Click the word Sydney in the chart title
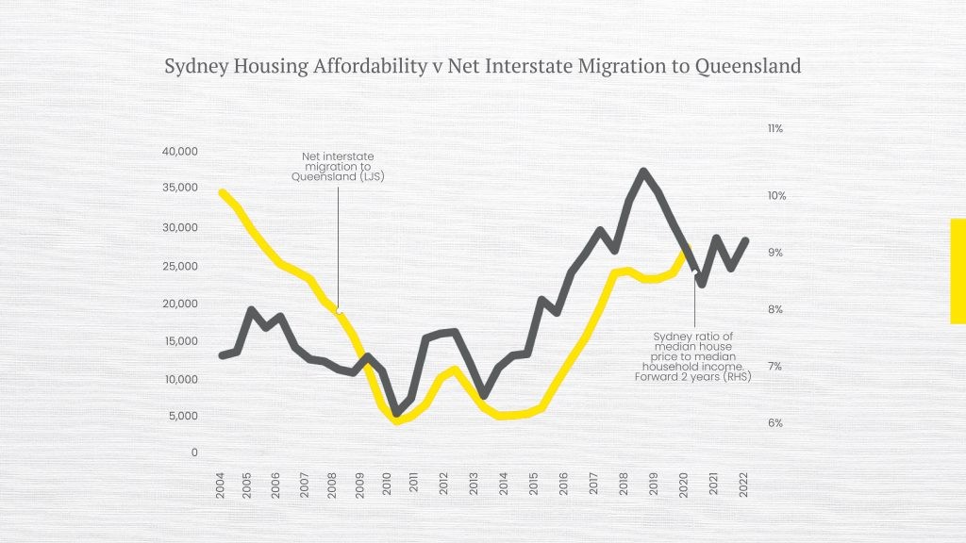(192, 67)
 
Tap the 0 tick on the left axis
(194, 452)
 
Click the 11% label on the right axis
(775, 128)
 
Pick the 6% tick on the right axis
(774, 423)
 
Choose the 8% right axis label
(774, 309)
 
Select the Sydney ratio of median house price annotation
(693, 356)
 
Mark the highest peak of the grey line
(643, 172)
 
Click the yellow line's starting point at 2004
(222, 192)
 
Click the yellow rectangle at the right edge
(958, 271)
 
